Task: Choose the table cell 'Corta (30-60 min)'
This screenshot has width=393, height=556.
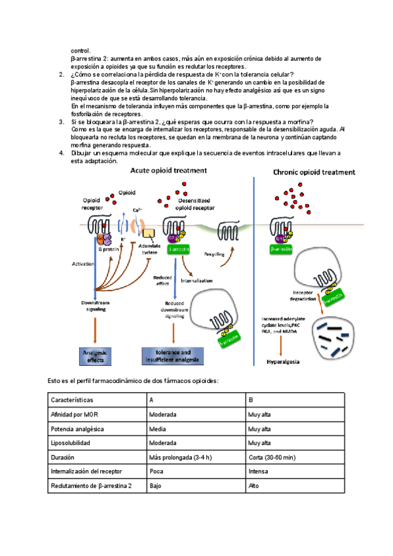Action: tap(271, 457)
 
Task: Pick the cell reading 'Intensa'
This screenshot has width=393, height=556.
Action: tap(258, 471)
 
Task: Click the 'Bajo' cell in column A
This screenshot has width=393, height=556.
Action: tap(155, 486)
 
